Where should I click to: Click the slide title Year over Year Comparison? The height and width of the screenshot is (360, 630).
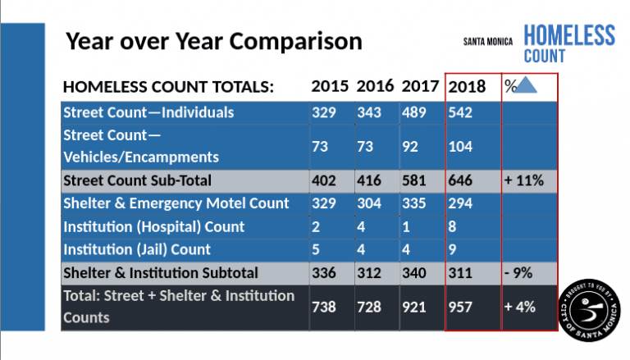[x=214, y=41]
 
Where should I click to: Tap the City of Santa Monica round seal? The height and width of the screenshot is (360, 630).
[x=589, y=310]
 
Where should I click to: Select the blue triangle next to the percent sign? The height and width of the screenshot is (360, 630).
[x=525, y=85]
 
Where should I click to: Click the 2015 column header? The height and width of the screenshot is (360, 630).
[x=330, y=86]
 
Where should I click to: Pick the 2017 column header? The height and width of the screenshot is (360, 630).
[x=420, y=86]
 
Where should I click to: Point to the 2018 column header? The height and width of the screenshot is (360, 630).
[x=467, y=86]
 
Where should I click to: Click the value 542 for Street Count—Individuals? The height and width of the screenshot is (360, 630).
[x=460, y=112]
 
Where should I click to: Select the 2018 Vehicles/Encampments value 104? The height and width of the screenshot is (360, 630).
[x=460, y=147]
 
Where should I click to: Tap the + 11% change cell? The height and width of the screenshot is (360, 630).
[x=524, y=180]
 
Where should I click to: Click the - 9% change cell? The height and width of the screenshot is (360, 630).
[x=518, y=273]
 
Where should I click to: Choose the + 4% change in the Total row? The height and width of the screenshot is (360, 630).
[x=519, y=308]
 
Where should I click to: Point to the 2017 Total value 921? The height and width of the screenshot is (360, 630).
[x=413, y=308]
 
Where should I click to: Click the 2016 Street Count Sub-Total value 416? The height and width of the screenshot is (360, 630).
[x=369, y=180]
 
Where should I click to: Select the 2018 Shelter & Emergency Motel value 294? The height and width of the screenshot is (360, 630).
[x=460, y=203]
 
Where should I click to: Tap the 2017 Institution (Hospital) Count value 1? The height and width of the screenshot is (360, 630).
[x=406, y=227]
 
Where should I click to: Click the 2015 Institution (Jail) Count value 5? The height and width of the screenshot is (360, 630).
[x=316, y=249]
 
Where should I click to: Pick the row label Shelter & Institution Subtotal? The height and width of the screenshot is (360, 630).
[x=161, y=273]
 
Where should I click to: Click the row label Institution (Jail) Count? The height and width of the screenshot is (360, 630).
[x=137, y=249]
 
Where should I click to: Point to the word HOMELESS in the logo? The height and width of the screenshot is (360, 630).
[x=569, y=35]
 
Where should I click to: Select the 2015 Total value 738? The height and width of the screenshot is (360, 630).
[x=324, y=308]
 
